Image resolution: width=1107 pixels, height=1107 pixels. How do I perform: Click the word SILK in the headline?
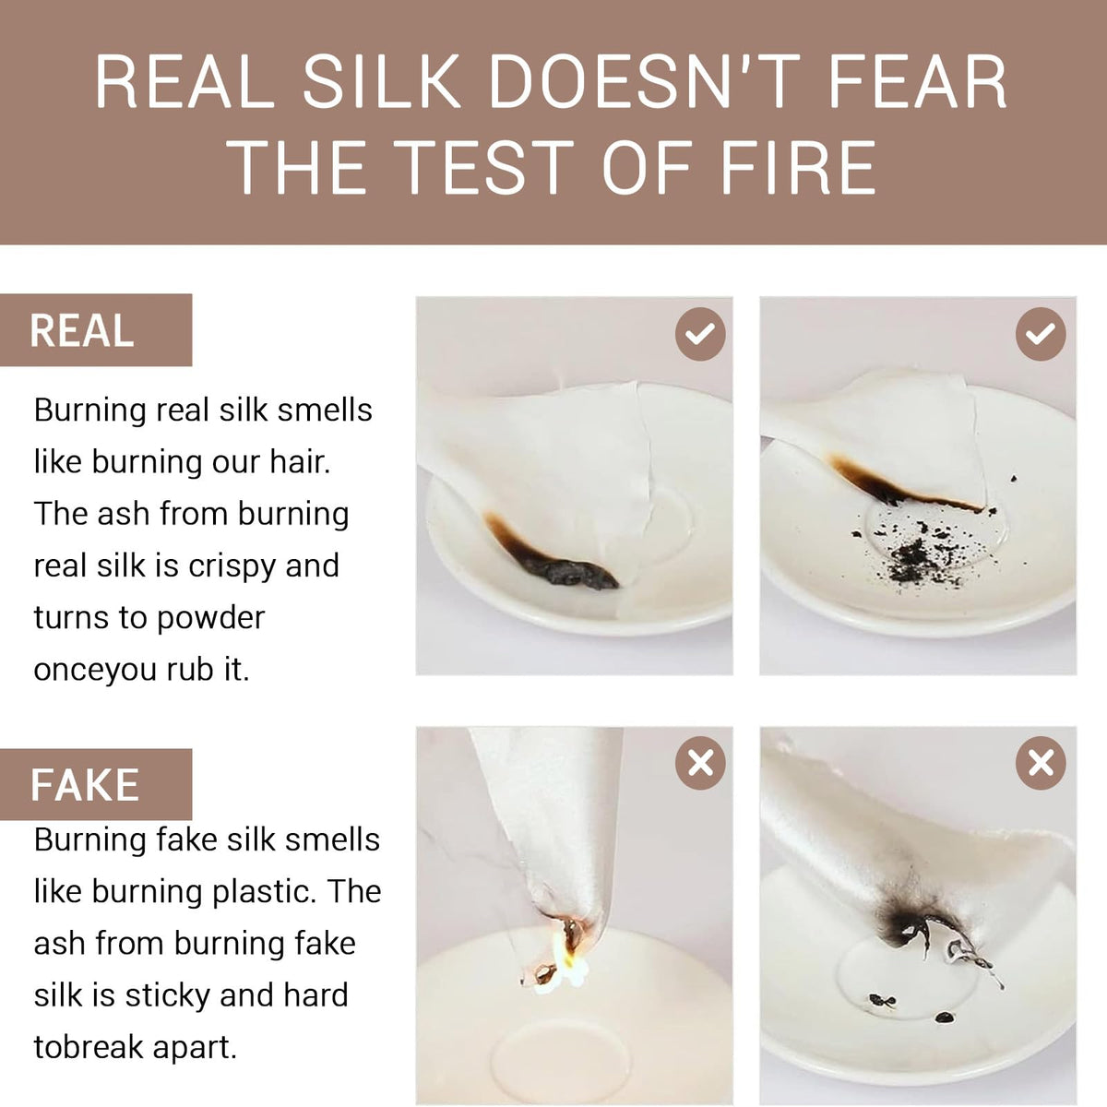pos(382,80)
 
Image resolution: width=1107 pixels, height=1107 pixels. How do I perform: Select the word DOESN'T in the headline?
pos(643,80)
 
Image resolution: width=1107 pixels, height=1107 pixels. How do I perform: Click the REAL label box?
pos(96,329)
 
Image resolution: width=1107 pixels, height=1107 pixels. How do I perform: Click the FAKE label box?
pos(96,784)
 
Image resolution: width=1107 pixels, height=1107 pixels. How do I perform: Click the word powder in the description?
pos(210,618)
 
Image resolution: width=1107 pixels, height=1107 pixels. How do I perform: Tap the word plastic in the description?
pos(264,892)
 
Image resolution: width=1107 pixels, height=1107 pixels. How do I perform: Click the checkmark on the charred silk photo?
pos(699,334)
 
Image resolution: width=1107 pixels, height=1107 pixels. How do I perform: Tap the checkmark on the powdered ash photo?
pos(1041,334)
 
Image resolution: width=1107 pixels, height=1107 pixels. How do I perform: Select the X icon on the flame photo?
pos(699,764)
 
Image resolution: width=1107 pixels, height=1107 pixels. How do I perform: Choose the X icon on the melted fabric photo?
pos(1041,764)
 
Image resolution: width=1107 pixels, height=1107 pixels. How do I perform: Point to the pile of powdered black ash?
pos(914,556)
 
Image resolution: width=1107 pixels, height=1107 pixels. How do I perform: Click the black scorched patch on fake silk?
pos(902,925)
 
